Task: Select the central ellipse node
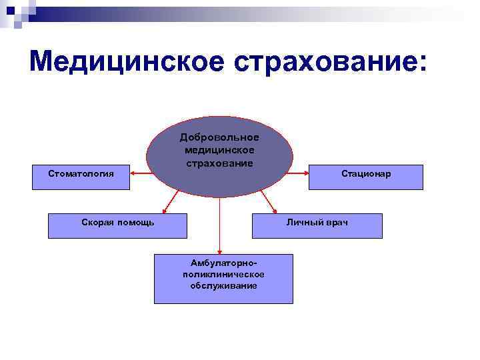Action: point(219,180)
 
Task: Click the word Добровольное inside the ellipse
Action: point(219,137)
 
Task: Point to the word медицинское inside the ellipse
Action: point(219,150)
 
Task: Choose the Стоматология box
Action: point(81,177)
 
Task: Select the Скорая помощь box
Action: point(117,225)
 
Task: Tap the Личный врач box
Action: point(317,225)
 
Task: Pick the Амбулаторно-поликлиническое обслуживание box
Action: point(223,278)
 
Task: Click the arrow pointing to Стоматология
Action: point(138,173)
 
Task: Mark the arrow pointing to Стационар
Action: point(300,173)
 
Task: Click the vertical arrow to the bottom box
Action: point(219,227)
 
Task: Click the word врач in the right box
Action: point(336,222)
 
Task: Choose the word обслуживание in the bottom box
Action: point(223,285)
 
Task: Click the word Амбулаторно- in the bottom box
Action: point(223,263)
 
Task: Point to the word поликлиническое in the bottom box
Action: point(223,274)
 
